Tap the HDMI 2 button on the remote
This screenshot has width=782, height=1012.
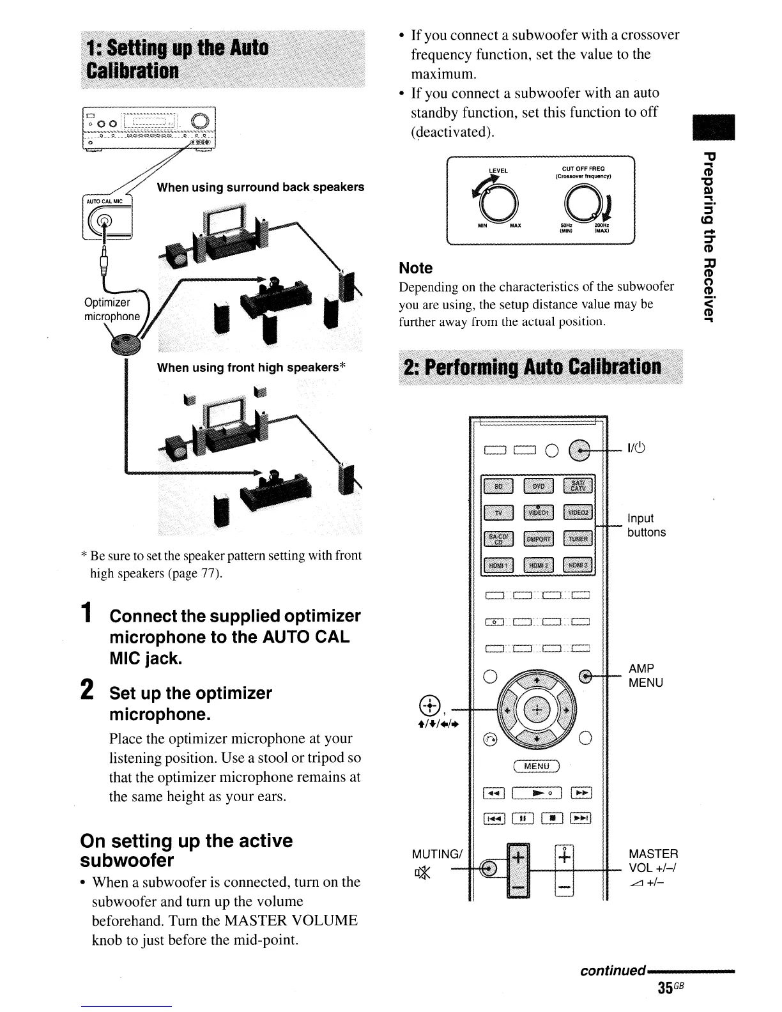pos(539,565)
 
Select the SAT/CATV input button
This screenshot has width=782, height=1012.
pos(578,486)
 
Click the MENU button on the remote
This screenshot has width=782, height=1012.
pos(537,766)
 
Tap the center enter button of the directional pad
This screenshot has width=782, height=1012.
pos(537,710)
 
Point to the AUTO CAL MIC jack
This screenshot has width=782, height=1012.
pos(107,222)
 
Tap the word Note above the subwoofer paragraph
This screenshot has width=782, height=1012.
pos(415,268)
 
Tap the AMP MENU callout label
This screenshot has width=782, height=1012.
pos(646,675)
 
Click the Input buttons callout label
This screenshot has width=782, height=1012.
pos(646,525)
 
